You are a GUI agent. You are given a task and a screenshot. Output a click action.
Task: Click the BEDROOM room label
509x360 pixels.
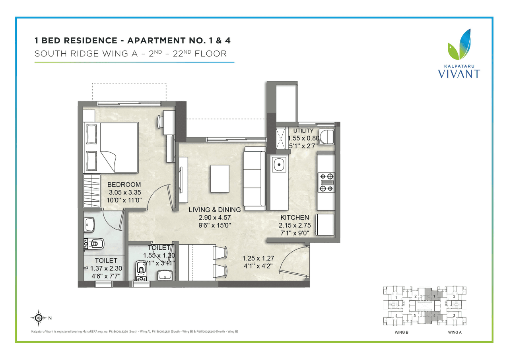pyautogui.click(x=124, y=185)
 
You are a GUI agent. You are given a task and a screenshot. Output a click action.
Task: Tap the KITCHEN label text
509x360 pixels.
pyautogui.click(x=295, y=218)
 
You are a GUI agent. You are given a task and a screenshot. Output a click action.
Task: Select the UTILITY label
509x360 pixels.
pyautogui.click(x=303, y=131)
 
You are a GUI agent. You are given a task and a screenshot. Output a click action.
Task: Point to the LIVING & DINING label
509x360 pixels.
pyautogui.click(x=215, y=210)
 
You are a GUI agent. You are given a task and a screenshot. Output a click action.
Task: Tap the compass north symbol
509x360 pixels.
pyautogui.click(x=39, y=317)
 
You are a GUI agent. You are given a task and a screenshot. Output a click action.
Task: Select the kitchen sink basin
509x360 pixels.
pyautogui.click(x=279, y=163)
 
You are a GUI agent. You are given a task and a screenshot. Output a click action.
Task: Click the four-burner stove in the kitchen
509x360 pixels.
pyautogui.click(x=326, y=182)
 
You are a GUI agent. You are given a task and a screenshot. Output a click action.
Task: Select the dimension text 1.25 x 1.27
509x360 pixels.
pyautogui.click(x=258, y=257)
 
